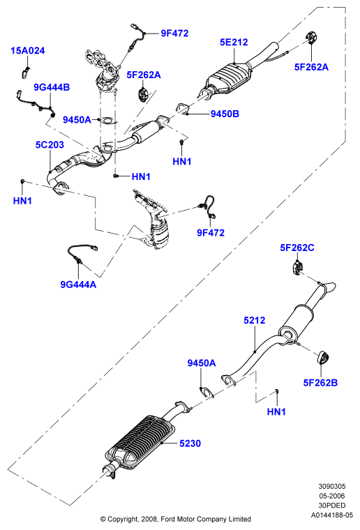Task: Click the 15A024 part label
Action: click(28, 51)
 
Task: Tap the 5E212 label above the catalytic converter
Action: click(234, 43)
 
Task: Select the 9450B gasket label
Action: click(225, 114)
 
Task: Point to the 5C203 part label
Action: click(50, 144)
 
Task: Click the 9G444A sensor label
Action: click(78, 285)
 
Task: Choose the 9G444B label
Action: click(52, 87)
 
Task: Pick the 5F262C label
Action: click(297, 248)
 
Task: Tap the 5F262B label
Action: click(320, 383)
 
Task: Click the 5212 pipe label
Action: click(255, 320)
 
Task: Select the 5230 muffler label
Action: click(190, 443)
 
